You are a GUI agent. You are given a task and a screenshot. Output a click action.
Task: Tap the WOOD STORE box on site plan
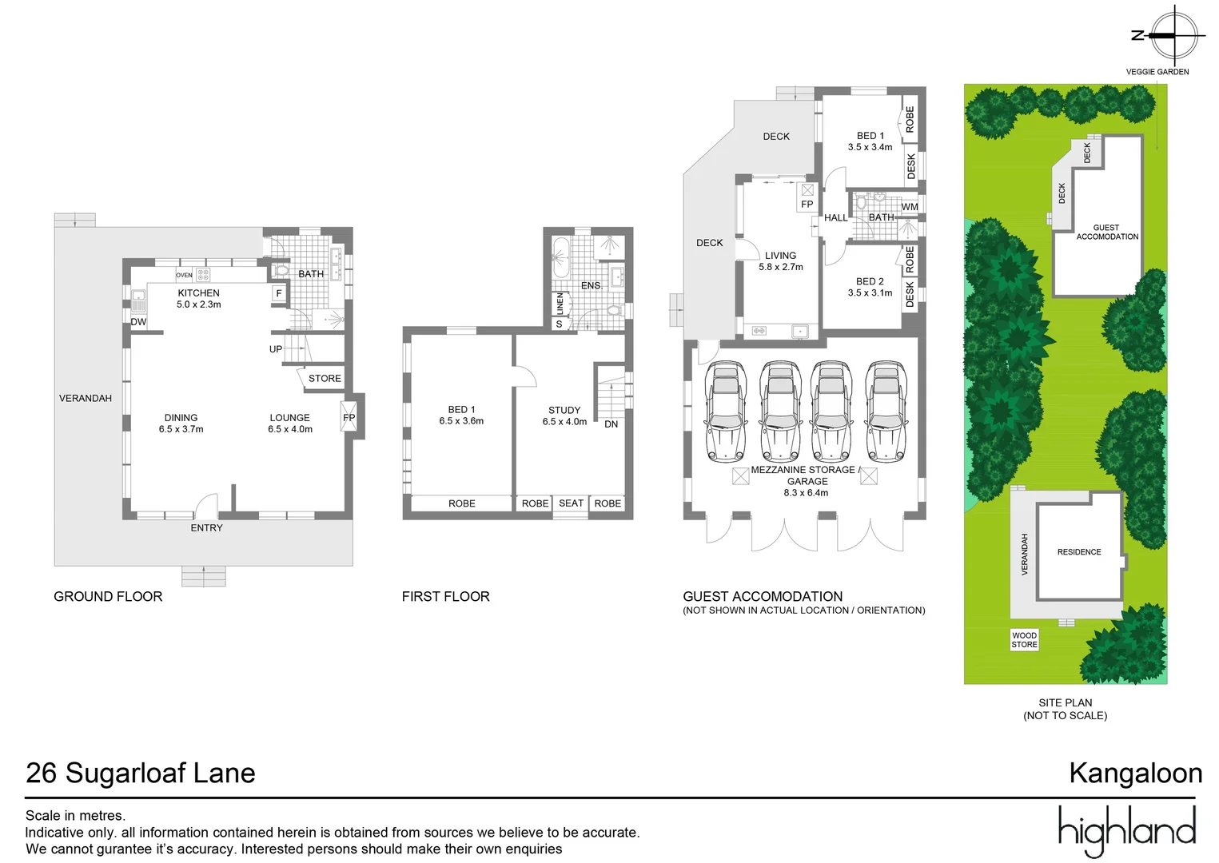pos(1024,640)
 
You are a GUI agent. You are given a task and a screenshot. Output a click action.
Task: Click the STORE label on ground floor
pos(325,378)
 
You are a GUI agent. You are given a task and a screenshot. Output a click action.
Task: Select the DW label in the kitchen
pos(138,322)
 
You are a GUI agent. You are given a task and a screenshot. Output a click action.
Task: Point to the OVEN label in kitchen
pos(184,275)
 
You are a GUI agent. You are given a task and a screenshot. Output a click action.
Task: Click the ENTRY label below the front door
pos(206,527)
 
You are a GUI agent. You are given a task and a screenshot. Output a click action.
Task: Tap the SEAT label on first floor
pos(571,503)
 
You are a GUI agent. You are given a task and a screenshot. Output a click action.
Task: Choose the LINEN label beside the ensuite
pos(560,304)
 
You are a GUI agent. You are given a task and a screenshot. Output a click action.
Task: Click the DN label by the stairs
pos(611,424)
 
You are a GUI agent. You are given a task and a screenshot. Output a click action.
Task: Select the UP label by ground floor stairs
pos(276,349)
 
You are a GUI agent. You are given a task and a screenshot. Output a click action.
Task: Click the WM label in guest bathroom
pos(910,207)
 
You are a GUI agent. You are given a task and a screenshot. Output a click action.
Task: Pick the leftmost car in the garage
pos(726,412)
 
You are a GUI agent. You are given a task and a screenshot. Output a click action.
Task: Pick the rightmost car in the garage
pos(886,412)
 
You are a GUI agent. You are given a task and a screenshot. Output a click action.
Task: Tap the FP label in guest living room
pos(807,204)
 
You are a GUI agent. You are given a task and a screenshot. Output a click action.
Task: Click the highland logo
pos(1126,830)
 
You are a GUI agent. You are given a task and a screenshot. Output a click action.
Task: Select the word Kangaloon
pos(1135,773)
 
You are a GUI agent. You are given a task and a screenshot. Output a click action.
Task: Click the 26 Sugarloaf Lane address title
pos(141,773)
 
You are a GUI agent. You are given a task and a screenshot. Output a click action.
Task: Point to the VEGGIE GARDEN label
pos(1157,72)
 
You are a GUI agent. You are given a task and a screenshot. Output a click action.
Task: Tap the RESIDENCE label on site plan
pos(1078,552)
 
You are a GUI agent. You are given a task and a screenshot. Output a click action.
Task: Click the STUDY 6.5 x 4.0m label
pos(564,416)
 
